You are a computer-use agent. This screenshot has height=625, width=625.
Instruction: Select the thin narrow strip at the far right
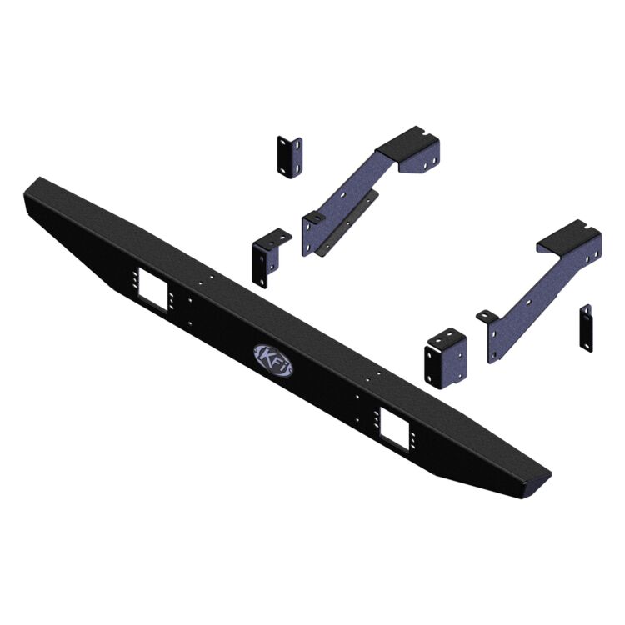tap(586, 327)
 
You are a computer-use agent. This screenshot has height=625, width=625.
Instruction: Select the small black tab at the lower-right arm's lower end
tap(486, 315)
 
